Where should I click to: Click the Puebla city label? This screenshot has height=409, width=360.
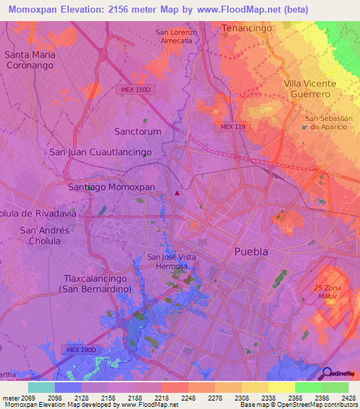pos(252,252)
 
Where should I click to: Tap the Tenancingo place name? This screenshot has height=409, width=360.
pos(246,27)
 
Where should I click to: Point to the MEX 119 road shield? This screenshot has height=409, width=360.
pos(231,126)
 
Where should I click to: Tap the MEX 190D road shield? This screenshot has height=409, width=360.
pos(81,349)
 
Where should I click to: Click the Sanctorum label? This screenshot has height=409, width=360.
pos(138,131)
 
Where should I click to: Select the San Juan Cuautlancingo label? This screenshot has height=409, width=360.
pos(101,152)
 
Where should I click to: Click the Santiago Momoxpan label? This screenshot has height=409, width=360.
pos(111,188)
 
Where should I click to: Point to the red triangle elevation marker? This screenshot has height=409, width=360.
pos(177,193)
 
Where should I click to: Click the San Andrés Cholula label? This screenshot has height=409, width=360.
pos(45,235)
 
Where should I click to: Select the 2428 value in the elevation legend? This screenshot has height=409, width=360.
pos(348,398)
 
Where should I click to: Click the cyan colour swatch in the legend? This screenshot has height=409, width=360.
pos(41,387)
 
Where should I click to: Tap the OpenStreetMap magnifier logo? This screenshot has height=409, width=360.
pos(326,374)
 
